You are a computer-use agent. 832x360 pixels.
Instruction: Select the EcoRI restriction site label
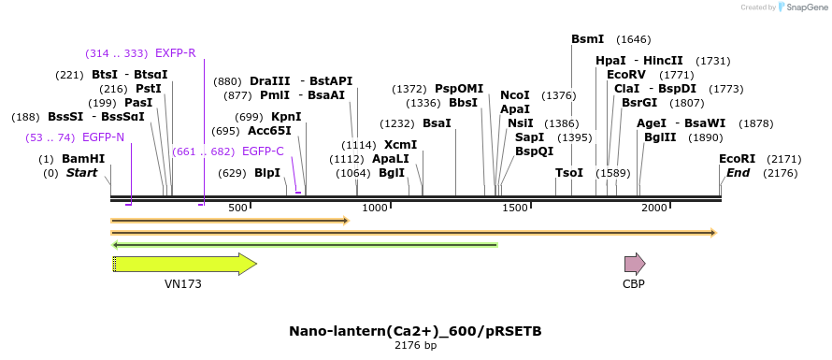tap(737, 159)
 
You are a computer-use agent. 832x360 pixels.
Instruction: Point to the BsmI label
tap(587, 39)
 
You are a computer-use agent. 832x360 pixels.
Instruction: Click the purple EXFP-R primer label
tap(176, 53)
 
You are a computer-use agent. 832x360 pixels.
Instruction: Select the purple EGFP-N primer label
tap(103, 137)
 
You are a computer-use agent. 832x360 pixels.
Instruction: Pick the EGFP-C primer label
tap(263, 151)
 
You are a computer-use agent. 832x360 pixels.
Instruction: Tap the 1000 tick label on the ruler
tap(375, 208)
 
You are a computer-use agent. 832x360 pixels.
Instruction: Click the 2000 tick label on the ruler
tap(653, 208)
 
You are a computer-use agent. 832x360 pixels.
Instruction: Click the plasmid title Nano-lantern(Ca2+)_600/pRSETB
tap(415, 331)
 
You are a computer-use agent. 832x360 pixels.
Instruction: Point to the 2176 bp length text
tap(415, 346)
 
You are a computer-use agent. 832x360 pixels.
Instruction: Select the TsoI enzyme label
tap(568, 173)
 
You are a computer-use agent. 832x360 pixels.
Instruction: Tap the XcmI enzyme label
tap(400, 145)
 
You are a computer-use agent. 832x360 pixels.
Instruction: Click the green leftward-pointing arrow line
tap(304, 245)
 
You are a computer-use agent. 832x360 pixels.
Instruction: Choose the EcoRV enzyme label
tap(626, 74)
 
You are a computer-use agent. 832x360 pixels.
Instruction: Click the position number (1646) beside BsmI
tap(634, 39)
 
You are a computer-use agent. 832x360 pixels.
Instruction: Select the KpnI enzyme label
tap(286, 117)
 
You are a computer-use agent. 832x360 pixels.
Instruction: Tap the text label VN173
tap(183, 284)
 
